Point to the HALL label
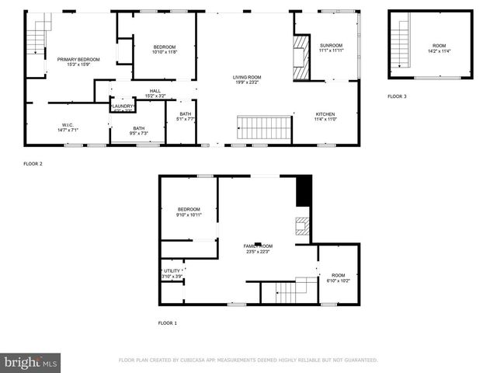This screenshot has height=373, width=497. point(155,91)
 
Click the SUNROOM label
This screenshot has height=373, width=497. point(331,46)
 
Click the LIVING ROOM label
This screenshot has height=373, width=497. point(247,77)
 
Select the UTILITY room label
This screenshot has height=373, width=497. point(172,270)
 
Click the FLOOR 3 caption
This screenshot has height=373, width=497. point(396,96)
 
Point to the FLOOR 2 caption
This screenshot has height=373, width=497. point(33,164)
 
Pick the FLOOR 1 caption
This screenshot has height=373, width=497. point(168,322)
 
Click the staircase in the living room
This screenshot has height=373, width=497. point(263,126)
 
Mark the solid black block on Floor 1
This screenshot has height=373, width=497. point(304,191)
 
